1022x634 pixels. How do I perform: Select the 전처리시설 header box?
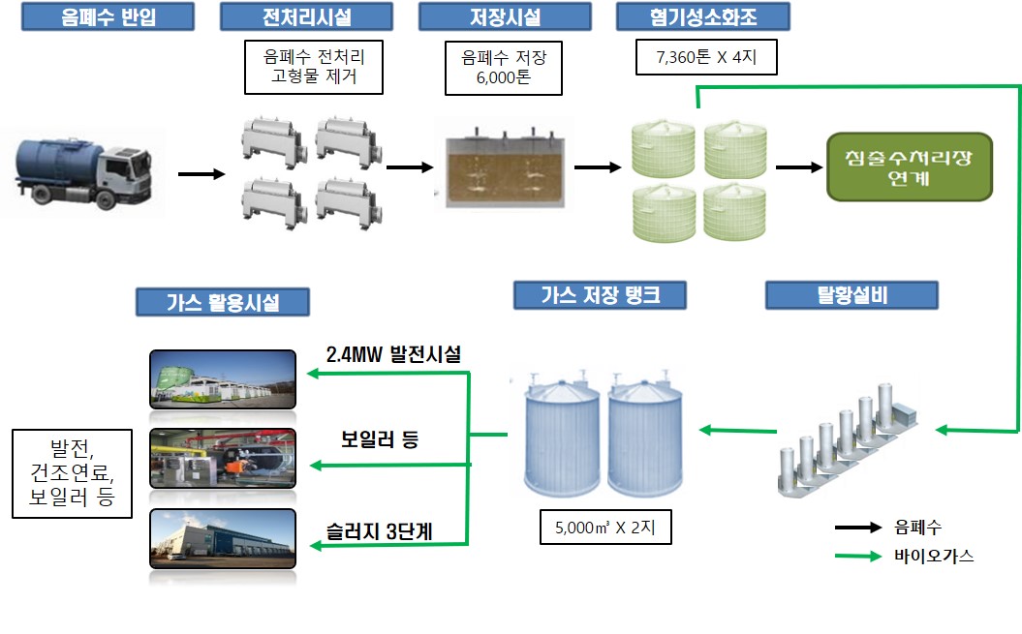pos(306,16)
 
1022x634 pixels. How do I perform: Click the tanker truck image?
pos(80,175)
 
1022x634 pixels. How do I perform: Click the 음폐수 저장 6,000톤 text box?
pos(504,68)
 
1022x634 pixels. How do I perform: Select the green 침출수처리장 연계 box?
pos(909,166)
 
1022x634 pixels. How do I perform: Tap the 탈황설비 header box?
pos(852,296)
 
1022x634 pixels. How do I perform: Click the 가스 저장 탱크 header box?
pos(600,295)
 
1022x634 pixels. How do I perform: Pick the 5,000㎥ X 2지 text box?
pos(605,529)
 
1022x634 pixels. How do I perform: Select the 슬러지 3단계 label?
pos(380,530)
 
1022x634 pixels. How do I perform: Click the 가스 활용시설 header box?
pos(222,302)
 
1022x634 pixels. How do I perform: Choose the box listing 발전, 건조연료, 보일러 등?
pos(72,473)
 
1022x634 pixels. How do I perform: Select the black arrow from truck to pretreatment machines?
pos(201,175)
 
